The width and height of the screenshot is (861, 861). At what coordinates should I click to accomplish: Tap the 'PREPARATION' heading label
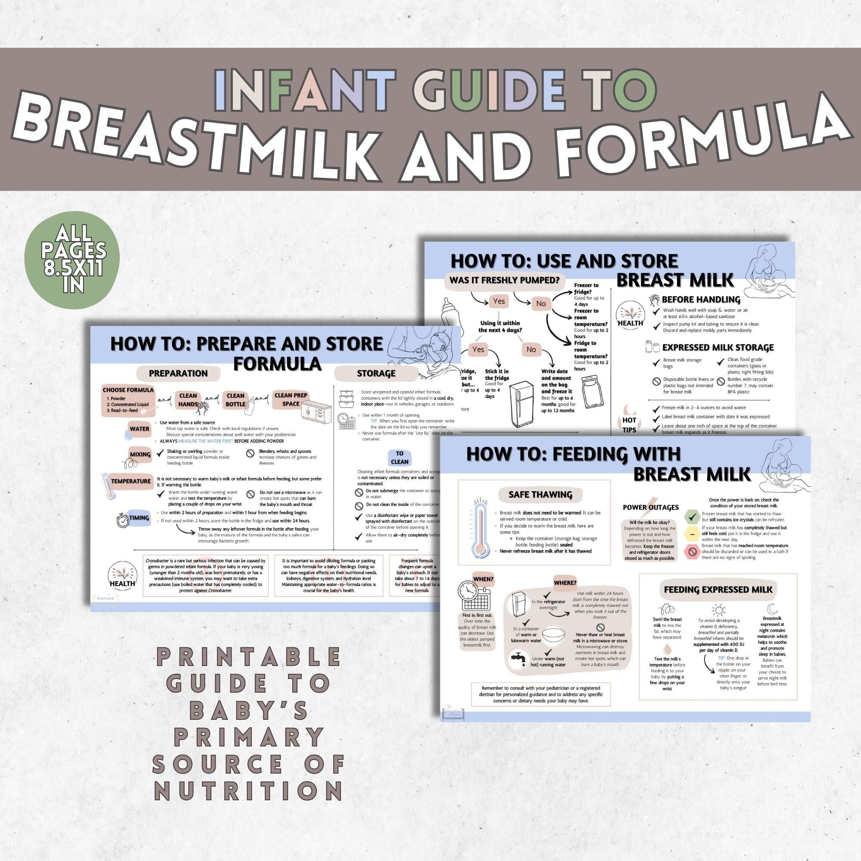[178, 373]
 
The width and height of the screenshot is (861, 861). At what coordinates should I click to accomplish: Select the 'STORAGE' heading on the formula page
[376, 373]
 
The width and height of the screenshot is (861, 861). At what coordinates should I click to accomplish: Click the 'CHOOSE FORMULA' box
[128, 400]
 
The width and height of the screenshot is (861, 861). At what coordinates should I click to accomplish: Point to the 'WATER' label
[139, 429]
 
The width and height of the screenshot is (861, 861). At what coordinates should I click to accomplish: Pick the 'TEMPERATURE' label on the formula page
[130, 481]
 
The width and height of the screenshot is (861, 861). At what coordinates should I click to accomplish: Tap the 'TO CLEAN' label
[400, 458]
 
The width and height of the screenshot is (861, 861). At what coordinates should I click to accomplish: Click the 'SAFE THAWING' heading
[540, 494]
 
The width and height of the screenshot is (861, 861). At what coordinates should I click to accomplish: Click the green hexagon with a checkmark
[692, 517]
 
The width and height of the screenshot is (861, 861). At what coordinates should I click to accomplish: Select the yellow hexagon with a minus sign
[692, 534]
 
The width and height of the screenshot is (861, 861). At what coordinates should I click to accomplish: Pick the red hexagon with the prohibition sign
[692, 552]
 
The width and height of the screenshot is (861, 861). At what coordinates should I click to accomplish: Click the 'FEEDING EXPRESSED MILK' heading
[718, 590]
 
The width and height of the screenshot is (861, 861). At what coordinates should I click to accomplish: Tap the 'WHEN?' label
[483, 579]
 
